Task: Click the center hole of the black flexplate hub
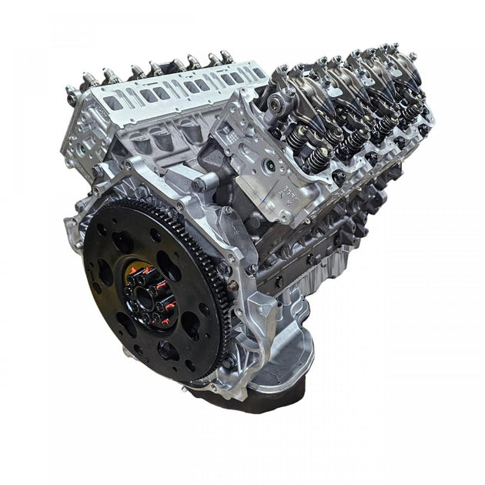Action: pos(145,291)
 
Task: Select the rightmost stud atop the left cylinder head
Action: pos(226,55)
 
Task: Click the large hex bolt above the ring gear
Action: pos(199,185)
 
